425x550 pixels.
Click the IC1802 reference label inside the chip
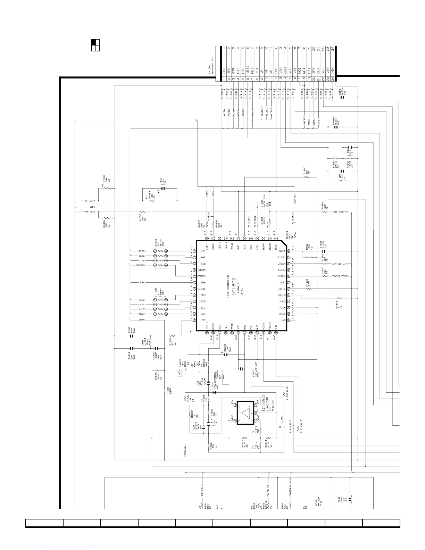[234, 285]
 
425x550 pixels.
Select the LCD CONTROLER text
[228, 285]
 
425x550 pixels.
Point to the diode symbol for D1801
[214, 392]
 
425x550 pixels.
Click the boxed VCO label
[180, 373]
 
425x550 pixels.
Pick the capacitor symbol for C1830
[335, 127]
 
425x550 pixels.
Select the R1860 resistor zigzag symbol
[307, 177]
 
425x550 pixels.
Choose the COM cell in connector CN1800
[285, 70]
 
